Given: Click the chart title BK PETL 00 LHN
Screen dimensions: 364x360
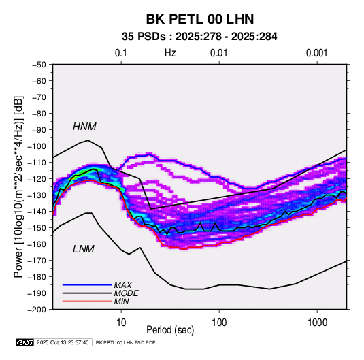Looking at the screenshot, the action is click(200, 19).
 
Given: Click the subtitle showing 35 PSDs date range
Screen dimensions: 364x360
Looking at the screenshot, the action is click(199, 37).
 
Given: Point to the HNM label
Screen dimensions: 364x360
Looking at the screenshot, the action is click(84, 127).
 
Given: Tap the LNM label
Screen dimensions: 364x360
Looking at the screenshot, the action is click(84, 249).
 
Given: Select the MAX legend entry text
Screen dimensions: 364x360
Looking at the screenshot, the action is click(122, 284).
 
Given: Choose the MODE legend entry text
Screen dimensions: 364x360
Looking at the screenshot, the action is click(126, 293).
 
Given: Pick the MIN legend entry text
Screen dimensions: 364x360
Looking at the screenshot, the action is click(121, 301).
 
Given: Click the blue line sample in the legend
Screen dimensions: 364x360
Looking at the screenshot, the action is click(87, 284).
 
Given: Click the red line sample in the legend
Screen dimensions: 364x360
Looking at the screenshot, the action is click(87, 301).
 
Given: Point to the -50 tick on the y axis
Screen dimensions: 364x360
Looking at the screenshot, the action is click(39, 65).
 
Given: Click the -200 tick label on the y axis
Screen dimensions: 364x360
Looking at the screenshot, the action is click(37, 310).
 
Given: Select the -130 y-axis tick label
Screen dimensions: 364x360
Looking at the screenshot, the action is click(37, 195).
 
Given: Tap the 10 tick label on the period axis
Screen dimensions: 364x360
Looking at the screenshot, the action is click(121, 323).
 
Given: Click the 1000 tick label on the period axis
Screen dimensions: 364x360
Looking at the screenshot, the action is click(317, 323).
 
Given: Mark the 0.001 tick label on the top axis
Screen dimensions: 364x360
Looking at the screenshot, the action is click(316, 53).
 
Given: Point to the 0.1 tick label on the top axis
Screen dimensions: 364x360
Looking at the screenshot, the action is click(121, 53).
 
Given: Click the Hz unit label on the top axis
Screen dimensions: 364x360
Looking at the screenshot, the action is click(170, 53).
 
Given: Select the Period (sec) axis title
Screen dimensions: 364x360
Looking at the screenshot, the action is click(170, 330).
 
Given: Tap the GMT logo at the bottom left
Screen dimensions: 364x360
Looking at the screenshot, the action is click(24, 342).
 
